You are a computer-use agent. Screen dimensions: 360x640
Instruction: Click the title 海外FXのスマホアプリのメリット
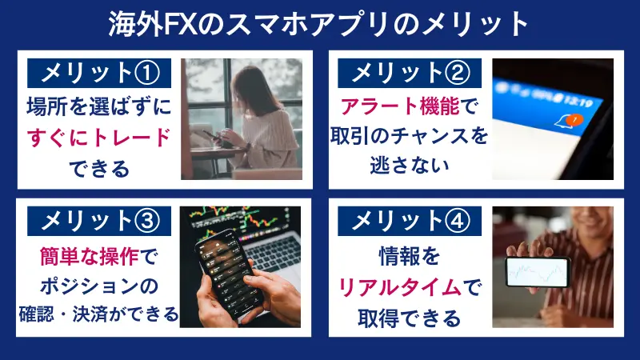click(320, 23)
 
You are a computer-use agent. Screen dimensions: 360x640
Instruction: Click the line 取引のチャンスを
click(410, 137)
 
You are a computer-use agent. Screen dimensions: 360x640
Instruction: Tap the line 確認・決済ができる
click(100, 314)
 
